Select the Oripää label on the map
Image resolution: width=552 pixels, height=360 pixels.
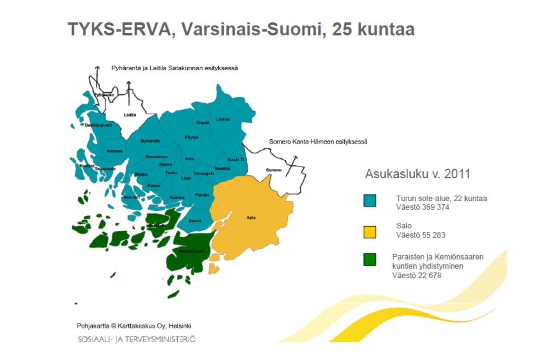click(203, 122)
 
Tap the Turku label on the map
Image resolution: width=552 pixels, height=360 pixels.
click(171, 173)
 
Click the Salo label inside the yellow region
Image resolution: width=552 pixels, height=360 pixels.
click(251, 217)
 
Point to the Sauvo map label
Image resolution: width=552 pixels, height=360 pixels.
click(195, 221)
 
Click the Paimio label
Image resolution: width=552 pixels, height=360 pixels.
click(202, 195)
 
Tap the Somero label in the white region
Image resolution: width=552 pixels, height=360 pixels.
click(273, 170)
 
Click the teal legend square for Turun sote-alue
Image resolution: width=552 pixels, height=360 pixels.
click(369, 201)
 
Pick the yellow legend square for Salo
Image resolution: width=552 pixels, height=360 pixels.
click(369, 232)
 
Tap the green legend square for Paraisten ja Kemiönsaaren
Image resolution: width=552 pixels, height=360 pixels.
click(369, 259)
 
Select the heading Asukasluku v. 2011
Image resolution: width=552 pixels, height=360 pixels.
click(418, 174)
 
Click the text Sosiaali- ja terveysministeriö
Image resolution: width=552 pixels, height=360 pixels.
click(136, 339)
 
